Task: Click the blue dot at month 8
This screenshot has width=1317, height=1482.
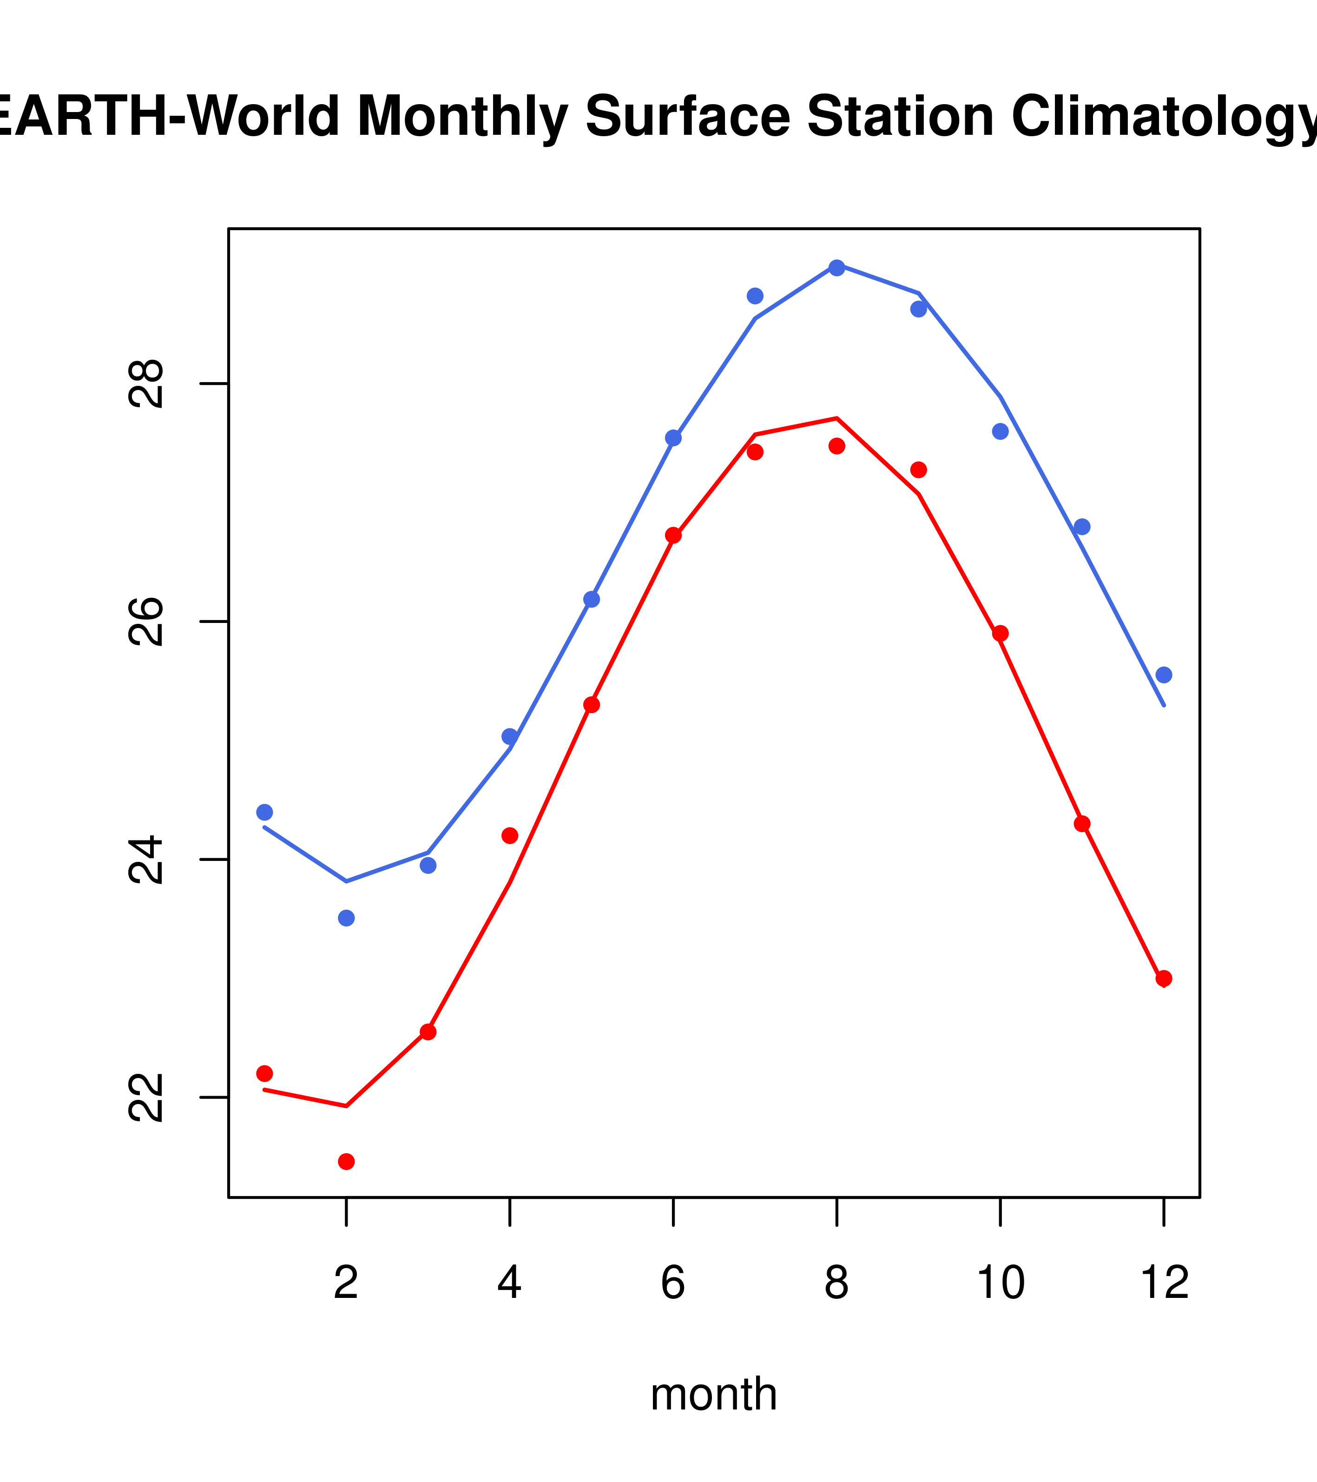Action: tap(836, 268)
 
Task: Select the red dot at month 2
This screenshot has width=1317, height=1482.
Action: tap(347, 1162)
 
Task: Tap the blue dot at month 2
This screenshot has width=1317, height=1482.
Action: tap(347, 918)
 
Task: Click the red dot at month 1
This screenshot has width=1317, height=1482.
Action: tap(264, 1073)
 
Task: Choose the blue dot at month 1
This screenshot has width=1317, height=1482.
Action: tap(264, 812)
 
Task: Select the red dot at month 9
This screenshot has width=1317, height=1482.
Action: tap(918, 470)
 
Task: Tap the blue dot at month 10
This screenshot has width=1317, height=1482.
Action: tap(1000, 431)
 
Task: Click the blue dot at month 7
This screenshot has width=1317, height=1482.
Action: tap(755, 296)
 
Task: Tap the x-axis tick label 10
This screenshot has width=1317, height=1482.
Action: tap(1000, 1284)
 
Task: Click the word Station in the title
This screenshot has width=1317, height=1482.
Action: tap(900, 116)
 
